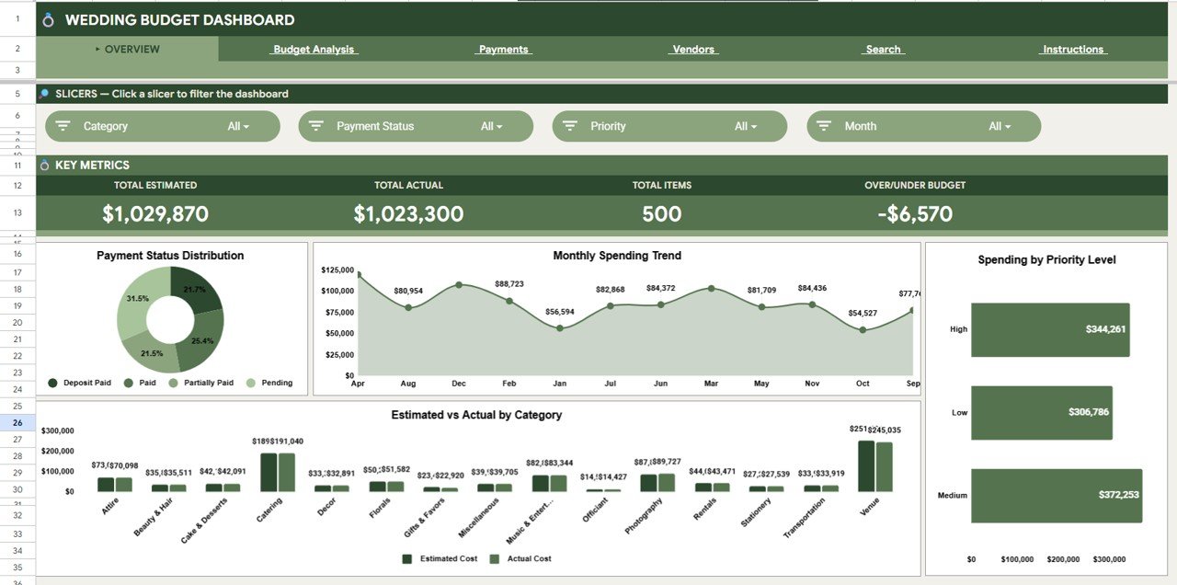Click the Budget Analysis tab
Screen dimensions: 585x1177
click(314, 50)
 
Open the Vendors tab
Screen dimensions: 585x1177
click(693, 50)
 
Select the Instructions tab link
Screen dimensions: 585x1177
click(1072, 50)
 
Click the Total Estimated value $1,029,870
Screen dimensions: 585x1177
click(155, 214)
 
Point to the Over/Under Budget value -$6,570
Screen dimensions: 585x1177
click(914, 214)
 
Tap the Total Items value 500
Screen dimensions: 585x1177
click(661, 214)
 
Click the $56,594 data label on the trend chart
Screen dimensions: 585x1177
click(559, 312)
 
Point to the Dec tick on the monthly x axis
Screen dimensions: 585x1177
click(459, 384)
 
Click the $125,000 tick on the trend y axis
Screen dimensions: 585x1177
click(337, 270)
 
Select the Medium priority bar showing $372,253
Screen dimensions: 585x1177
click(1056, 496)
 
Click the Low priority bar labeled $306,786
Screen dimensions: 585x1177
click(1041, 412)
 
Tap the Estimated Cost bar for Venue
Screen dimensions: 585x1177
click(866, 466)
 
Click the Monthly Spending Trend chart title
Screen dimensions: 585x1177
click(617, 256)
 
